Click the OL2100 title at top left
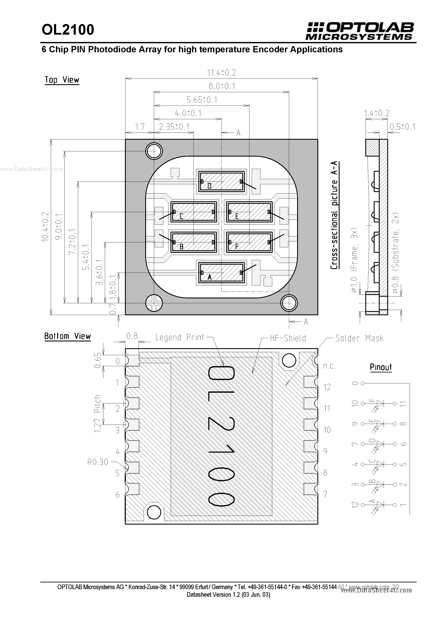coord(68,30)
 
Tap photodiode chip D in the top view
coord(221,181)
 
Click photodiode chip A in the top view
coord(221,272)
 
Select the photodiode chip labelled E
coord(249,212)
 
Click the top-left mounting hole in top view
coord(154,151)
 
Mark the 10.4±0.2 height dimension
coord(45,227)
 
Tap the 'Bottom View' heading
coord(68,336)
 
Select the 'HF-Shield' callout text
coord(288,338)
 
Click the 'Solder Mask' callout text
coord(359,338)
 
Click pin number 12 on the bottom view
coord(327,387)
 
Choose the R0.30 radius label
coord(97,462)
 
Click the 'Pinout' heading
coord(381,367)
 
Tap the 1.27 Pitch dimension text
coord(97,414)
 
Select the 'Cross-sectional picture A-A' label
coord(334,215)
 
